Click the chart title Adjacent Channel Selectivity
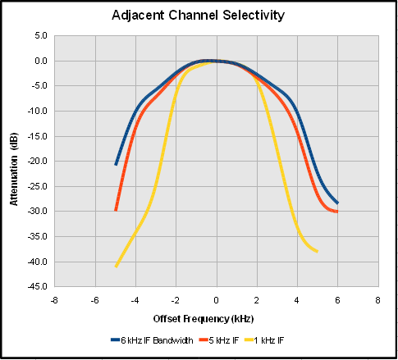199,16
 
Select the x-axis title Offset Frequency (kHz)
216,317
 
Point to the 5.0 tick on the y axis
39,36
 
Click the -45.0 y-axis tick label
36,287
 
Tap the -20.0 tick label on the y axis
36,162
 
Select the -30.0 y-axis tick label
36,212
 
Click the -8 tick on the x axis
54,299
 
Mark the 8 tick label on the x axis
377,299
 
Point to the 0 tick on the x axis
216,299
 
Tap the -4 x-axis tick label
135,299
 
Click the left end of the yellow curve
116,267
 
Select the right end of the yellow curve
317,252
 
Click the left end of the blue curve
116,165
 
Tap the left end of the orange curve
116,211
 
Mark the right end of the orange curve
337,212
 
